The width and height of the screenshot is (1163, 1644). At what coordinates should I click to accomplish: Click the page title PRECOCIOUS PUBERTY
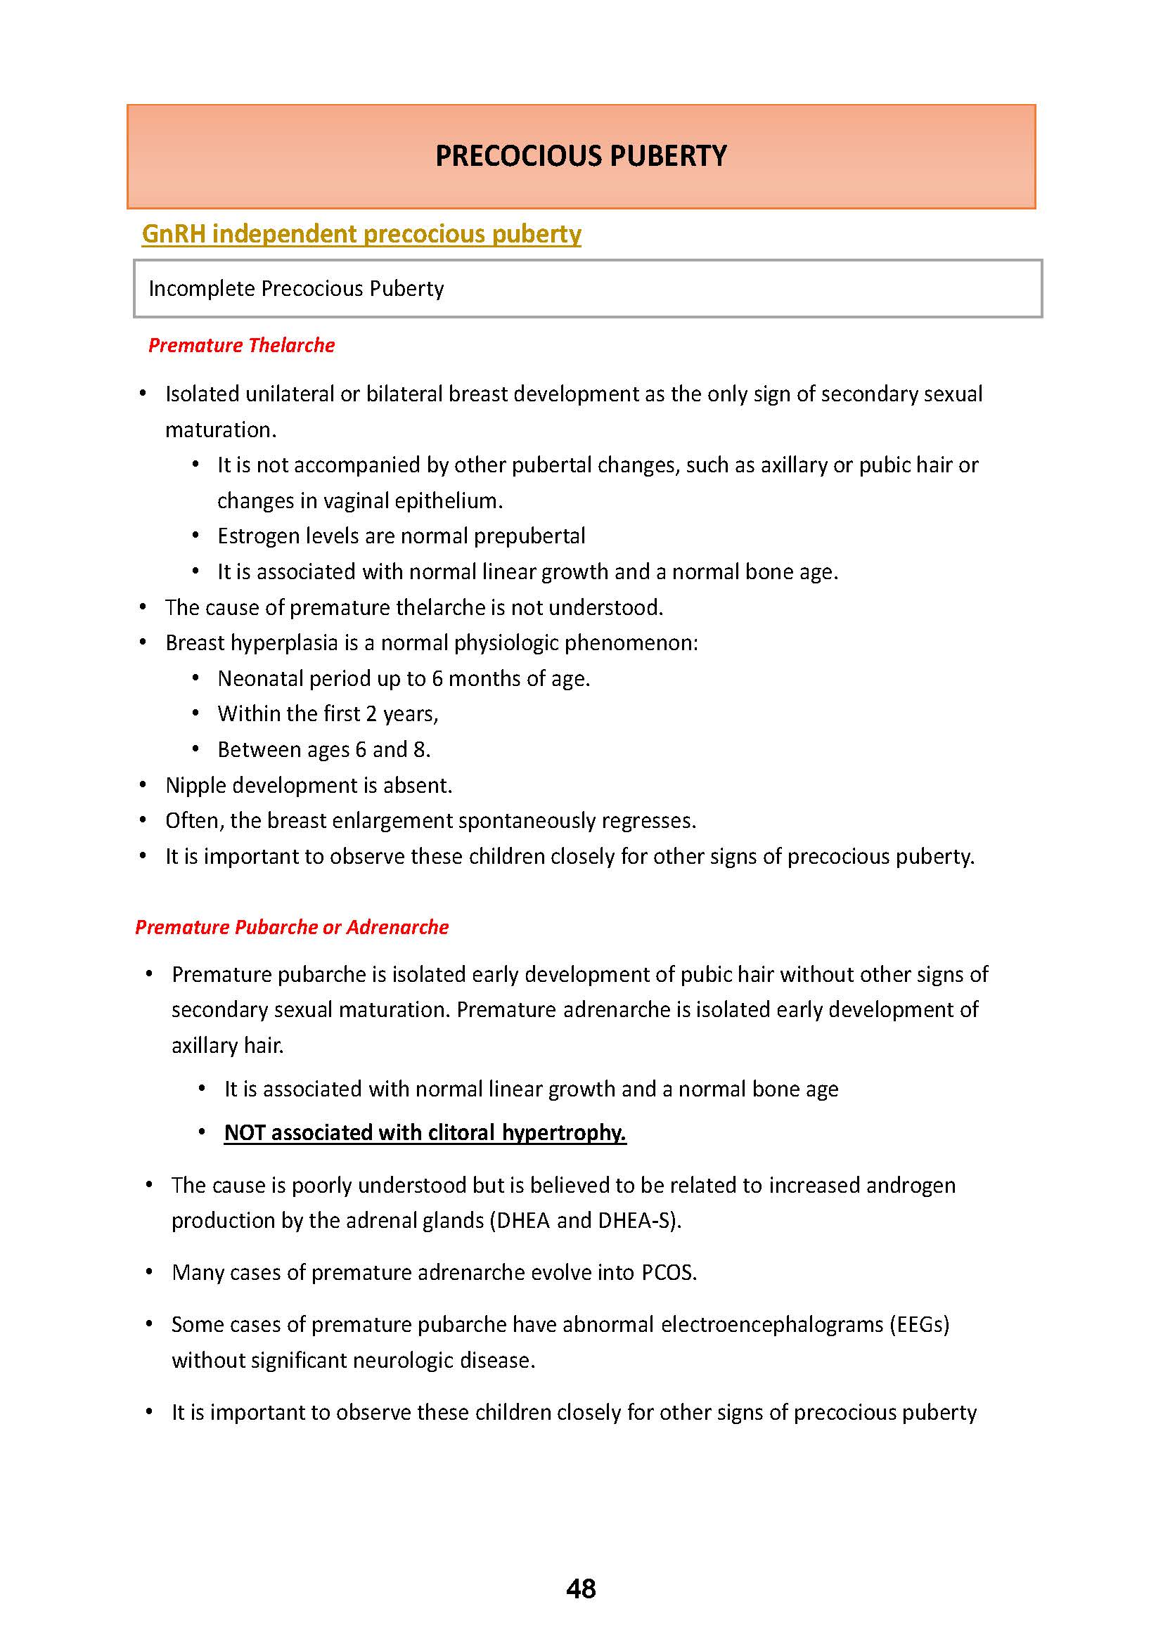click(581, 156)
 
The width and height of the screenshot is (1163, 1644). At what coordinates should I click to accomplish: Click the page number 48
click(581, 1588)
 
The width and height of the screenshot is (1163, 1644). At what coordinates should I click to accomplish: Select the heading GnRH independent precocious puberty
click(361, 234)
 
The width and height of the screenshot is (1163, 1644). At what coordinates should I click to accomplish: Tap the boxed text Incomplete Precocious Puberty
click(296, 289)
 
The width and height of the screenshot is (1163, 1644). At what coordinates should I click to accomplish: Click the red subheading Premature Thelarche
click(241, 345)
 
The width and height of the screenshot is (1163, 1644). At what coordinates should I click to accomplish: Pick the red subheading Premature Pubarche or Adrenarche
click(292, 927)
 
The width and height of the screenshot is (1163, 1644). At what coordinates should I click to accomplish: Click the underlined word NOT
click(244, 1132)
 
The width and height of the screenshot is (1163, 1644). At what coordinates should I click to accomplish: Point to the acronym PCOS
click(668, 1272)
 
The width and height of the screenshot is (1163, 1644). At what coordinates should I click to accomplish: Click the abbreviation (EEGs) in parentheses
click(919, 1325)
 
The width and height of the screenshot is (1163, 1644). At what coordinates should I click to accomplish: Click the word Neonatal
click(261, 678)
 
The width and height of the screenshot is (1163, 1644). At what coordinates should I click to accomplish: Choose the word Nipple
click(195, 786)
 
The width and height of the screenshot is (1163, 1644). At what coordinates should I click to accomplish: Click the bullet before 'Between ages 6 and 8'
click(195, 749)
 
